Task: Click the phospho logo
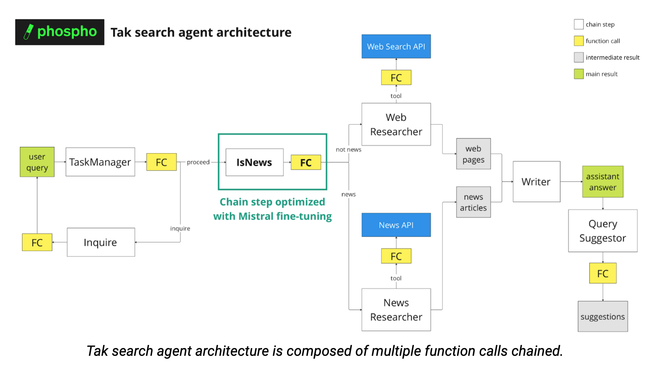coord(60,32)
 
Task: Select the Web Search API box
coord(396,46)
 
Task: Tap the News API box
coord(396,225)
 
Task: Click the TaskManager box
coord(100,162)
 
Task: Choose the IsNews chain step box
coord(254,162)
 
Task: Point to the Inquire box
coord(101,242)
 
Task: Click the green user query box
coord(37,162)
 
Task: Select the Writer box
coord(536,182)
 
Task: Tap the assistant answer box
coord(602,182)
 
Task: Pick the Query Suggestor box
coord(602,231)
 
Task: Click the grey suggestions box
coord(602,316)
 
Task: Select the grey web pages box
coord(473,154)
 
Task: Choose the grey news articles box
coord(473,202)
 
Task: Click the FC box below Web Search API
coord(396,78)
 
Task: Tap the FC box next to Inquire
coord(37,242)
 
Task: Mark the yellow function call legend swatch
coord(578,41)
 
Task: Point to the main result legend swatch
coord(578,74)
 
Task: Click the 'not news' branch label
coord(348,150)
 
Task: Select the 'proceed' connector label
coord(198,162)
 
